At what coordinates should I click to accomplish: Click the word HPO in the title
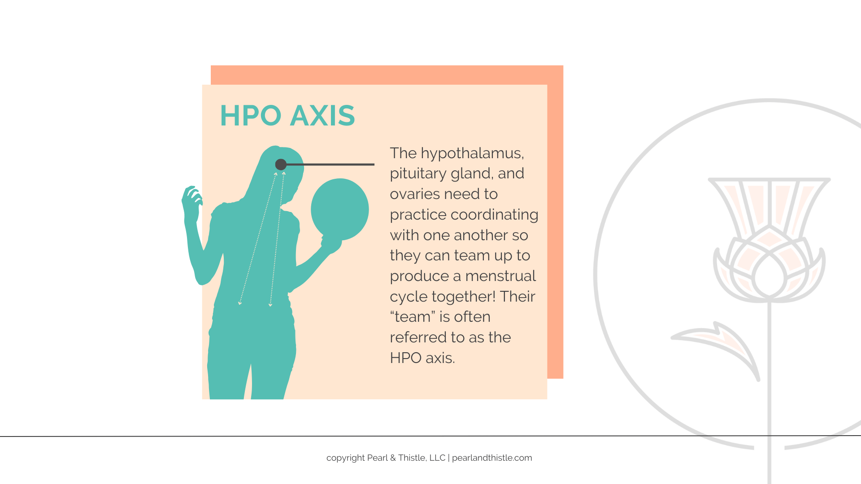251,116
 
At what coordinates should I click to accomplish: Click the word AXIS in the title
322,116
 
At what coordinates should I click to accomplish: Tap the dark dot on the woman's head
281,164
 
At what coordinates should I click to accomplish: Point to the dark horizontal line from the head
330,164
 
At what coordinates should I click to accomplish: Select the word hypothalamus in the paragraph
472,154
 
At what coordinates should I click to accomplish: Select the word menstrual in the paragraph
500,276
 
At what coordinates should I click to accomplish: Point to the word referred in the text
418,337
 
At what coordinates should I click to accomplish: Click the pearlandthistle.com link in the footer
492,458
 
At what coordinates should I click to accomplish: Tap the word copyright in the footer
345,458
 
